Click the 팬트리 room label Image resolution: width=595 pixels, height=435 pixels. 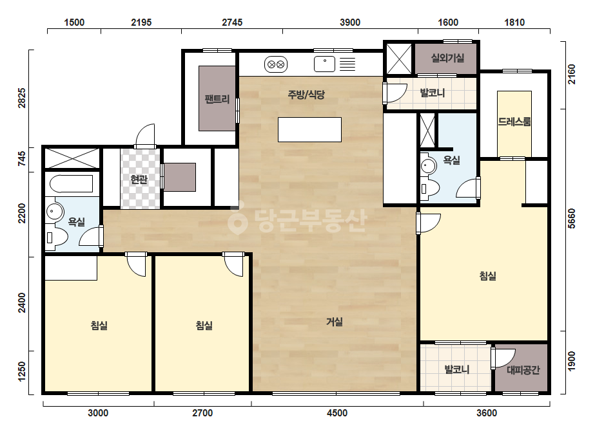click(217, 99)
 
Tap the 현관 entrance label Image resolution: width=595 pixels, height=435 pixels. click(139, 179)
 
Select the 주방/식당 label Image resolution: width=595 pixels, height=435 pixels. click(306, 95)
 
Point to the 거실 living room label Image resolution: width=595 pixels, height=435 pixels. click(335, 322)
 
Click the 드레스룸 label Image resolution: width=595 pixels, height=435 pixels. click(514, 122)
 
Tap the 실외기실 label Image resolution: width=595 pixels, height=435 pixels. click(447, 58)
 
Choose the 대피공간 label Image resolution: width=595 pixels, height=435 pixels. click(523, 370)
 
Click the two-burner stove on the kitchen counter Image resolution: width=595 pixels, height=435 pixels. click(275, 64)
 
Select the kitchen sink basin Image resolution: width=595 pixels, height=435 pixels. click(324, 64)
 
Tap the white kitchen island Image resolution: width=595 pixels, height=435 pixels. click(309, 129)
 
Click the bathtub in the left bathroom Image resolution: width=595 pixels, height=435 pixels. click(72, 184)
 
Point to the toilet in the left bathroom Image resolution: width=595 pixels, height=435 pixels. click(56, 237)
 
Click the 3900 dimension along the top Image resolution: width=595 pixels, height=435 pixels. click(350, 23)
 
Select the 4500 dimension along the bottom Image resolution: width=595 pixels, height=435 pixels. click(337, 412)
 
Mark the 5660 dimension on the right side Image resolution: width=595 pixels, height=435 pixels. click(572, 219)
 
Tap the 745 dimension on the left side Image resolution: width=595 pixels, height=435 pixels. click(22, 159)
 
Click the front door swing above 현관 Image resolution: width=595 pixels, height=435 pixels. click(145, 136)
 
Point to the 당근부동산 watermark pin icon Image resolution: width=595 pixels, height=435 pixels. click(237, 220)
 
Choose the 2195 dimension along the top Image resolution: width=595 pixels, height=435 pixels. click(141, 23)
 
